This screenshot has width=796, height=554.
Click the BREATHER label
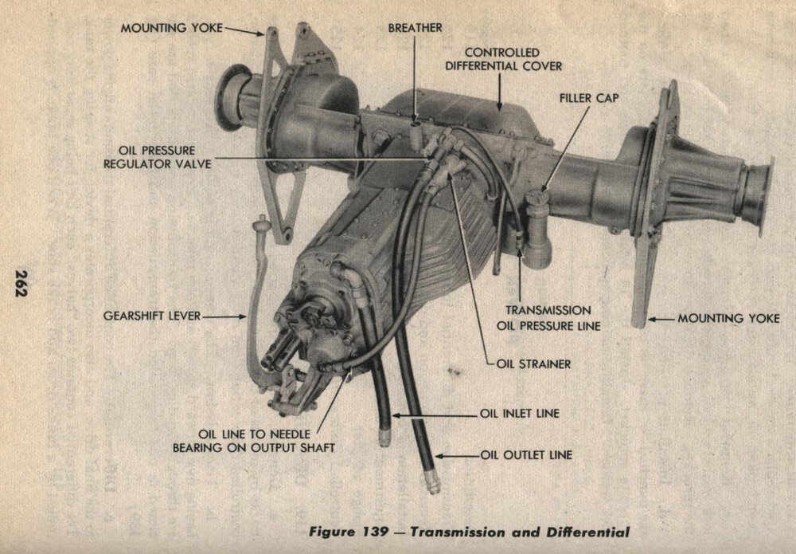click(415, 28)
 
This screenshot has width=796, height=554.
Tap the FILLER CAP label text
click(589, 97)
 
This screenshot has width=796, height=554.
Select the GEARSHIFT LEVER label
click(152, 316)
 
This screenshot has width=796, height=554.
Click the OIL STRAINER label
click(533, 364)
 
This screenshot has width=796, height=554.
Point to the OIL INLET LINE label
click(519, 413)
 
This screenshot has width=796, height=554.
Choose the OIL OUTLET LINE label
click(526, 455)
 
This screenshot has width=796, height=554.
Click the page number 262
click(21, 283)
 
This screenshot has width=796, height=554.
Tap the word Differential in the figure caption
click(588, 532)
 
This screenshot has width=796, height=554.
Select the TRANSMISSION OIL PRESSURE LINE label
click(548, 318)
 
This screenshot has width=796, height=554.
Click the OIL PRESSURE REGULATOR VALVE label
click(158, 157)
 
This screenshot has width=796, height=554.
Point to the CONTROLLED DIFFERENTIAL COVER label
click(504, 60)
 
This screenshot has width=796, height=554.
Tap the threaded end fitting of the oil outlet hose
click(432, 481)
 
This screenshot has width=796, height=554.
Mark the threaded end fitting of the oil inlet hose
click(384, 438)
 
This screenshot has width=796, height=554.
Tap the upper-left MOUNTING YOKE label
click(172, 28)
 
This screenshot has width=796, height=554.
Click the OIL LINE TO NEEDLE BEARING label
click(254, 441)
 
